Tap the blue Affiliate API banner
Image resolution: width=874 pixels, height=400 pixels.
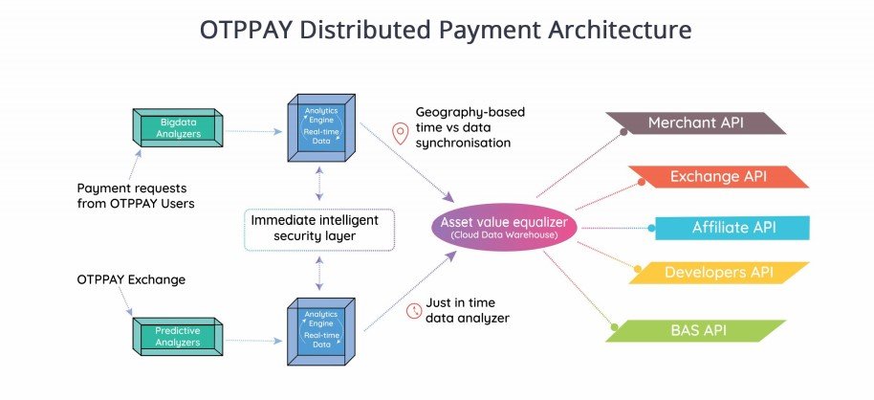point(732,228)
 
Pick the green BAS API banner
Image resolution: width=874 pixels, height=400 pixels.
point(695,330)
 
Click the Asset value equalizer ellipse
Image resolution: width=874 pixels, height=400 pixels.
point(506,228)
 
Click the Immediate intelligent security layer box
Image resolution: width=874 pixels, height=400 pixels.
point(314,228)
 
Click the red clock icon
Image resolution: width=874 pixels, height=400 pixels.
point(414,310)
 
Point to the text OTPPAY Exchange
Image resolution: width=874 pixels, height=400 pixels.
point(131,279)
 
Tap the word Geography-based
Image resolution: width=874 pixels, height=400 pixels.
point(470,112)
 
